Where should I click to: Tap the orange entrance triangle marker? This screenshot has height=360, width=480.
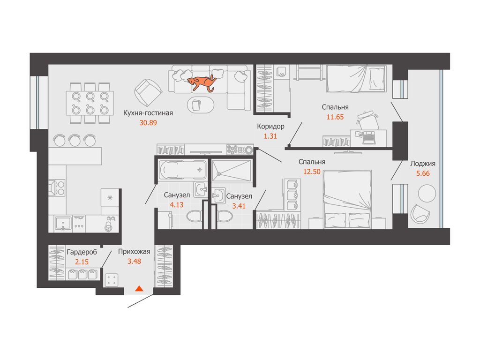[139, 288]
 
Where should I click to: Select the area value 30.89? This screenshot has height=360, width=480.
[148, 123]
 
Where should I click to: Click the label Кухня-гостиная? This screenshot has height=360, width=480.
[148, 113]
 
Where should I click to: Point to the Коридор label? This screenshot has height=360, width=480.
[270, 127]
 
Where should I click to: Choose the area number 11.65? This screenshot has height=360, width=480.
[335, 117]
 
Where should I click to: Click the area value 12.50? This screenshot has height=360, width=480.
[312, 172]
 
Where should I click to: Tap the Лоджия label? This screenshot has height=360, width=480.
[423, 164]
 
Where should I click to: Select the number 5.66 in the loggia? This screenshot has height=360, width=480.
[423, 173]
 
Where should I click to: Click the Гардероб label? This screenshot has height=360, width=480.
[82, 252]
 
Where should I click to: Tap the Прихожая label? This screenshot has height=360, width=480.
[134, 252]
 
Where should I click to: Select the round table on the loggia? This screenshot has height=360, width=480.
[427, 193]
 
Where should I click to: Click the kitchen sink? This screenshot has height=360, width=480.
[63, 223]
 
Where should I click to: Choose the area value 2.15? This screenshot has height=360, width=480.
[82, 262]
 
